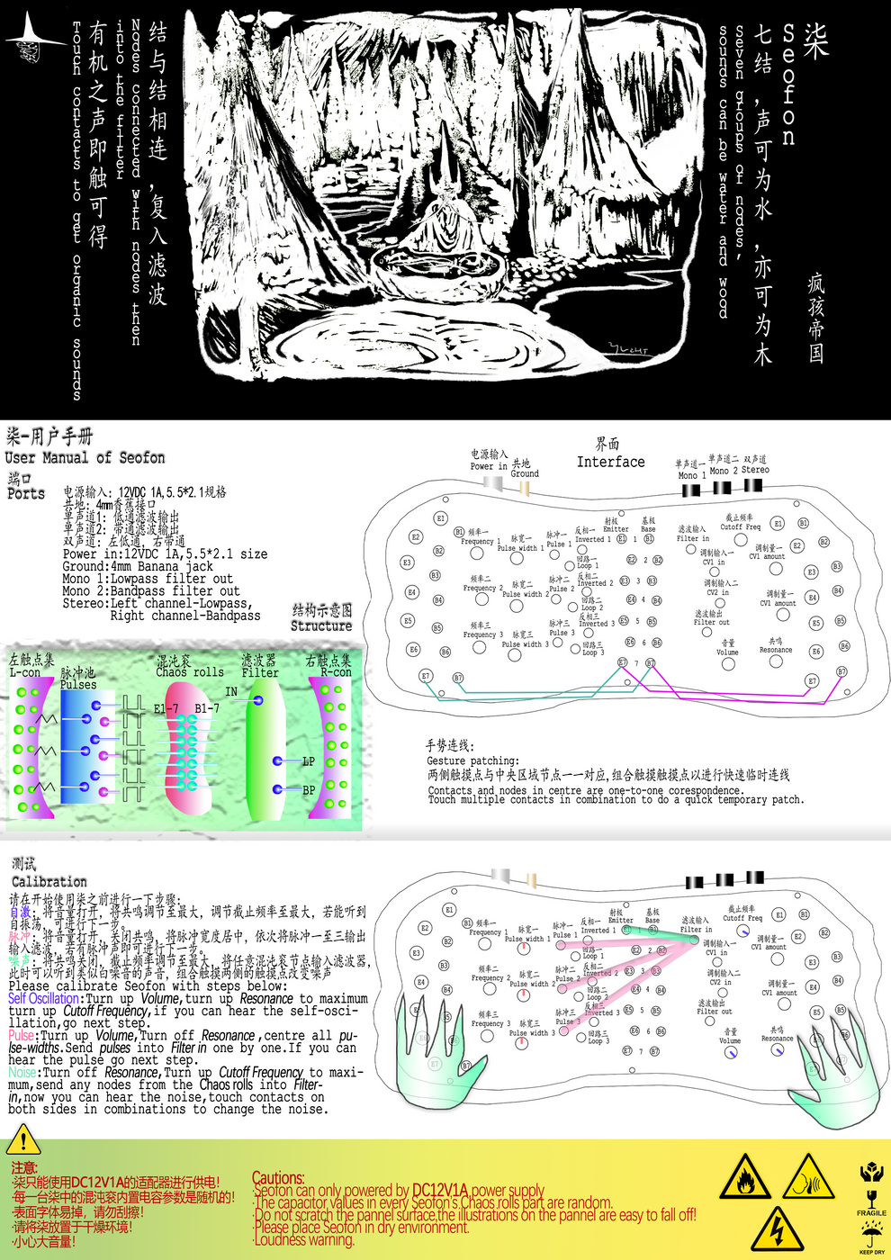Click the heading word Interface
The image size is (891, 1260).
610,462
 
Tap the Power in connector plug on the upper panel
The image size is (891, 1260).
493,482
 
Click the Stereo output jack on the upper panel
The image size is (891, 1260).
753,485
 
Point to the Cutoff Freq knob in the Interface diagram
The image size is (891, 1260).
740,539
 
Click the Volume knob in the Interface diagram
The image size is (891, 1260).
728,664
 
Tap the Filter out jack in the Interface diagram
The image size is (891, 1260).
707,632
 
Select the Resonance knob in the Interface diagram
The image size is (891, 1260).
776,661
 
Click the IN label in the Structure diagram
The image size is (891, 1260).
231,692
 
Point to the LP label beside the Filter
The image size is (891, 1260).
308,761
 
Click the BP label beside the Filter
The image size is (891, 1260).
308,790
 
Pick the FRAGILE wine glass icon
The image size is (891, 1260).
870,1199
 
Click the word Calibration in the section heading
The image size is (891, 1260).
49,882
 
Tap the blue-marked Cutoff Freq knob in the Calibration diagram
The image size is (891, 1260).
743,931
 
